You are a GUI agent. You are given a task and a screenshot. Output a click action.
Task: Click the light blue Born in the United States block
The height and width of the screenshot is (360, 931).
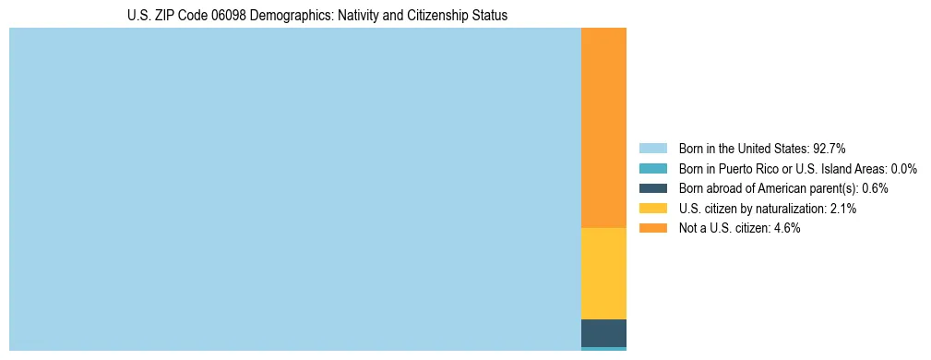tap(295, 189)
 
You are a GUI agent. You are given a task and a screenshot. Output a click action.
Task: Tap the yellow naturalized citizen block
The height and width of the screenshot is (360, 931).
tap(603, 273)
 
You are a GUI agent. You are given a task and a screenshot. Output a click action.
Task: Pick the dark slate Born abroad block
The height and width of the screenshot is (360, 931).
tap(603, 332)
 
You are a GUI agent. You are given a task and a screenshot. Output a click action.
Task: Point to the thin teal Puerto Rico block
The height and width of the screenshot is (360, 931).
tap(603, 349)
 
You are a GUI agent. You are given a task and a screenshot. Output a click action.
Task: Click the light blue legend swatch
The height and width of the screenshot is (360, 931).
tap(652, 148)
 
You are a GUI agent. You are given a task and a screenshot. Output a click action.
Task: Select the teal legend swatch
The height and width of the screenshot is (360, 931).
tap(652, 168)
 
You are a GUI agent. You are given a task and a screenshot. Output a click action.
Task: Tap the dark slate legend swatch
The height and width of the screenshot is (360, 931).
tap(652, 188)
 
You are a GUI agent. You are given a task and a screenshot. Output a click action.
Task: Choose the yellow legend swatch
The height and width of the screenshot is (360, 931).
tap(652, 209)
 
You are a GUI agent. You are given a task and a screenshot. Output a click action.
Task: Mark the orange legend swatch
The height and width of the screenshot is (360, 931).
tap(652, 229)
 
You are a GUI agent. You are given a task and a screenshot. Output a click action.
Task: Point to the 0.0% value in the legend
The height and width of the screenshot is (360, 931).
tap(903, 168)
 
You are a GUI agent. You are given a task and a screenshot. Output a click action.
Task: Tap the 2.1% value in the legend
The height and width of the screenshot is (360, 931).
tap(842, 209)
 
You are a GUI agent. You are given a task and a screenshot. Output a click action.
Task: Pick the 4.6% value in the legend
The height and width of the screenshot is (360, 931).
tap(786, 229)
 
